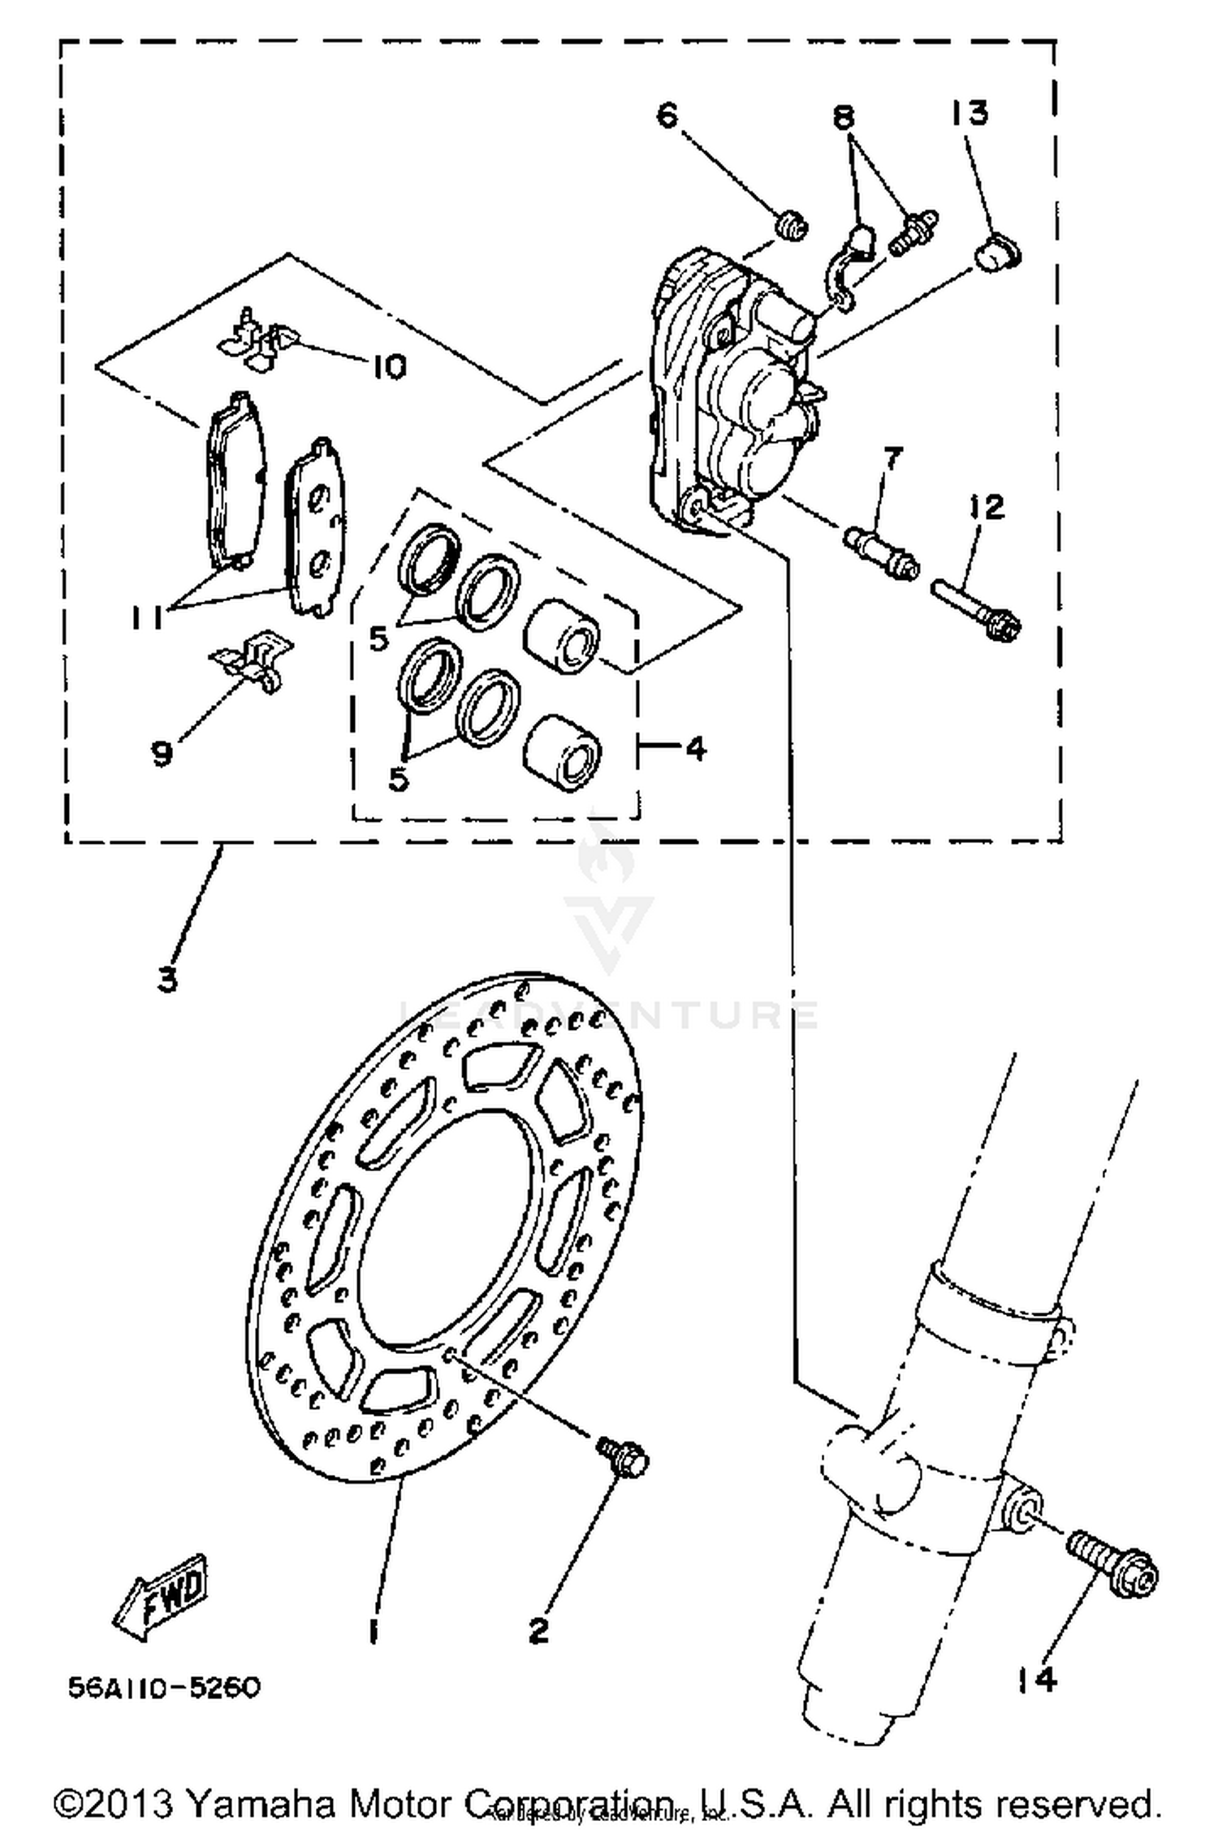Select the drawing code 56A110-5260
pyautogui.click(x=164, y=1687)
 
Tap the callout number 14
pyautogui.click(x=1037, y=1679)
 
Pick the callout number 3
pyautogui.click(x=166, y=980)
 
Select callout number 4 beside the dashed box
pyautogui.click(x=695, y=747)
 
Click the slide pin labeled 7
pyautogui.click(x=881, y=552)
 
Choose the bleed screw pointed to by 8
pyautogui.click(x=913, y=233)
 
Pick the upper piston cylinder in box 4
pyautogui.click(x=562, y=636)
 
